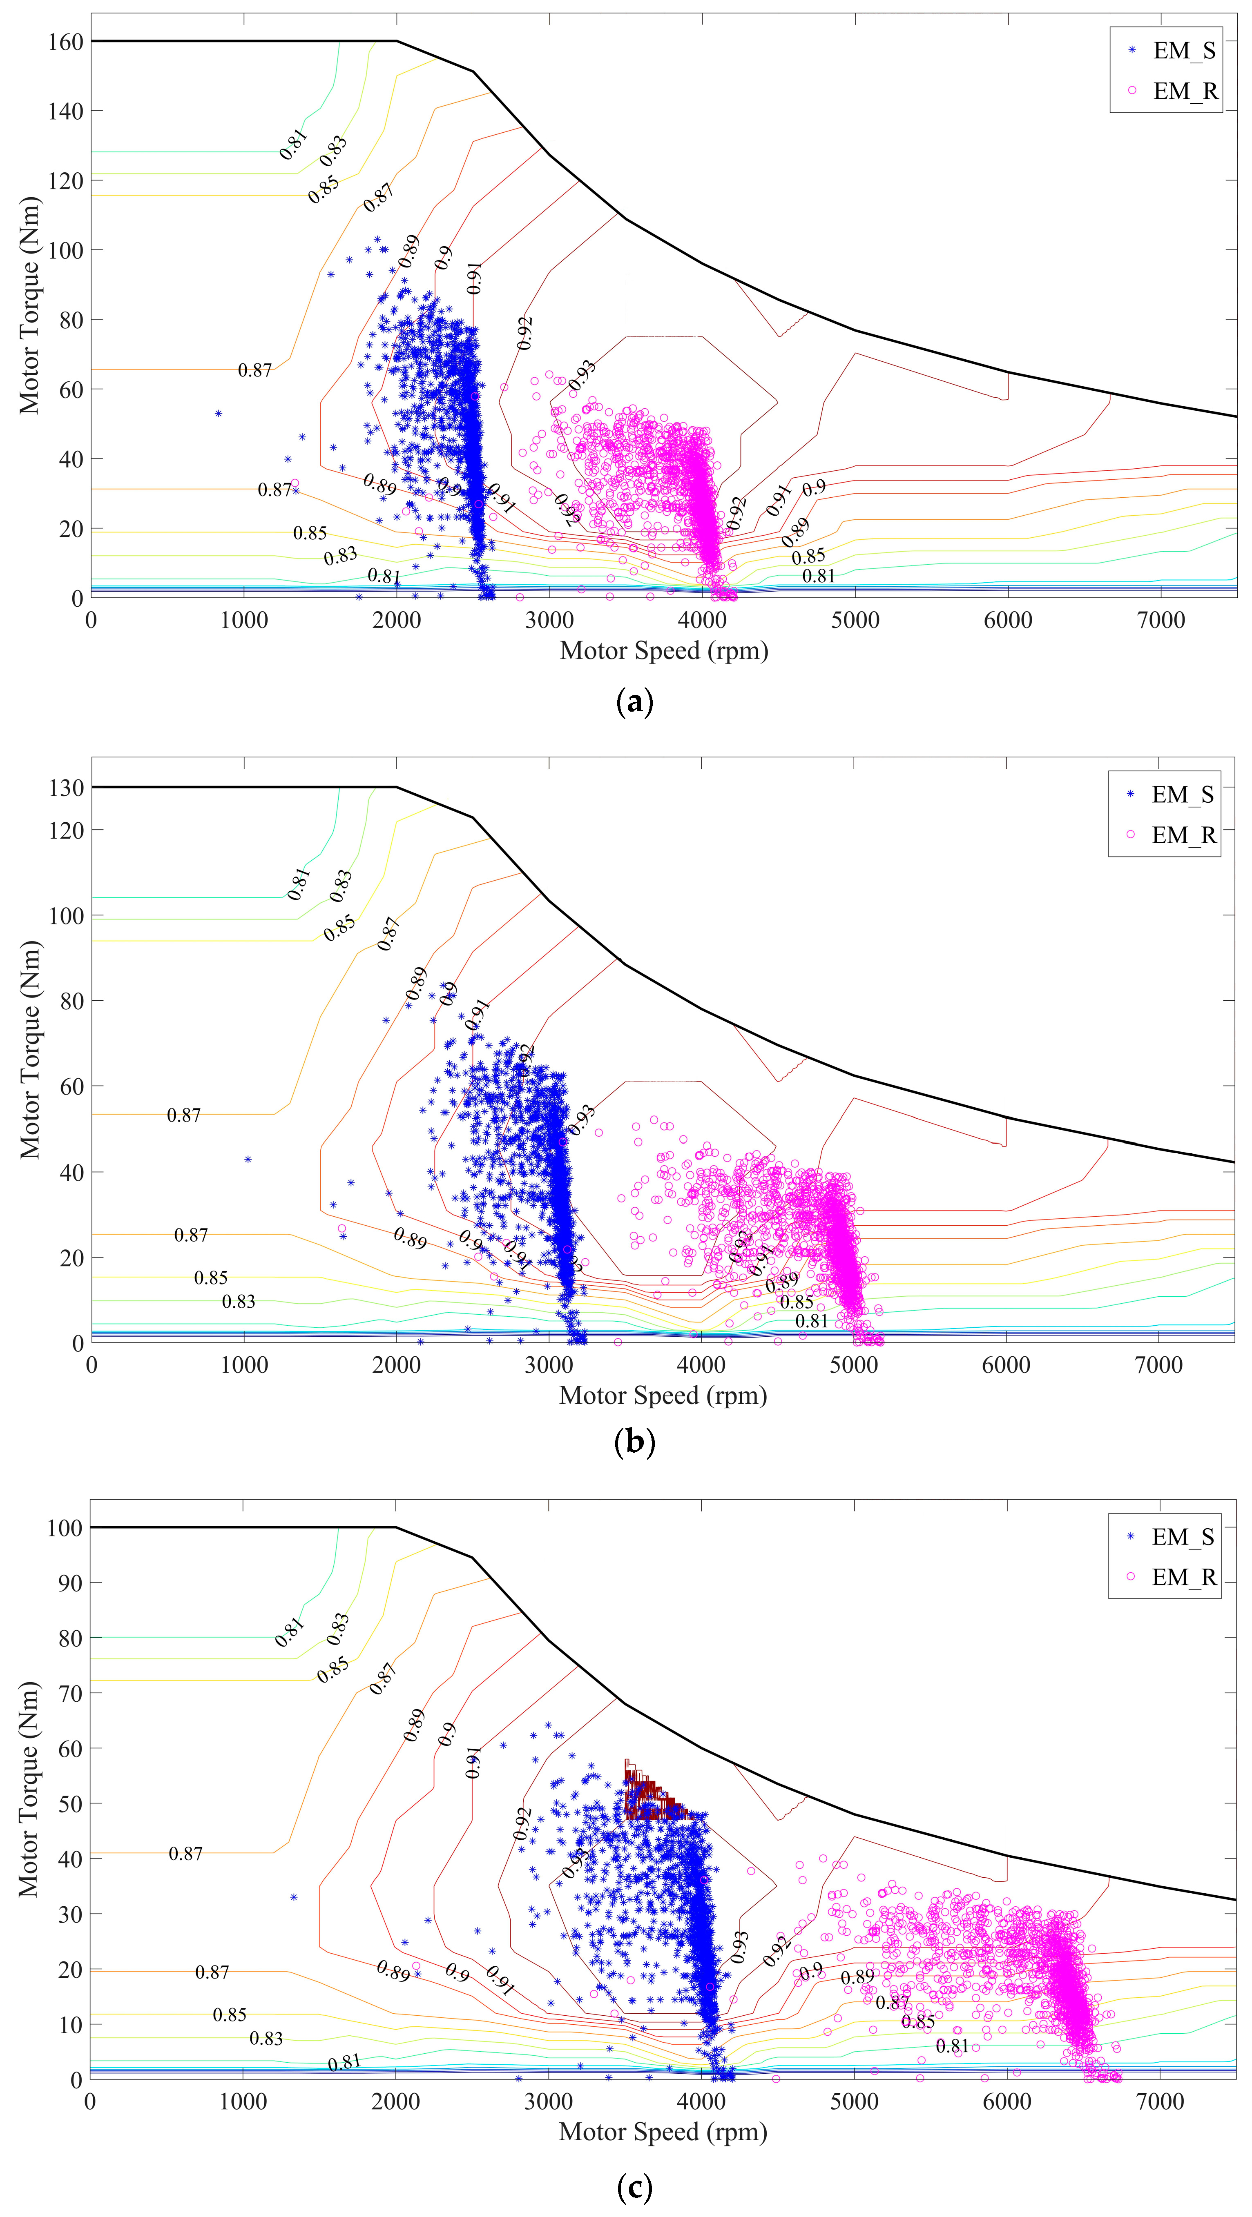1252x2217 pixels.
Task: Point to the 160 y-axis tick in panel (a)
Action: tap(65, 41)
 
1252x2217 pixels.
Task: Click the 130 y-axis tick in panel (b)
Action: tap(65, 788)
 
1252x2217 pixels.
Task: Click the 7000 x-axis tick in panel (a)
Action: tap(1161, 620)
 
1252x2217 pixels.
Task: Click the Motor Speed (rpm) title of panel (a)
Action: tap(664, 651)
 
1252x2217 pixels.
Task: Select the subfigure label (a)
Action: tap(636, 702)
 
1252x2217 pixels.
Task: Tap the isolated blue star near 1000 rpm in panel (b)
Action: tap(248, 1159)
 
